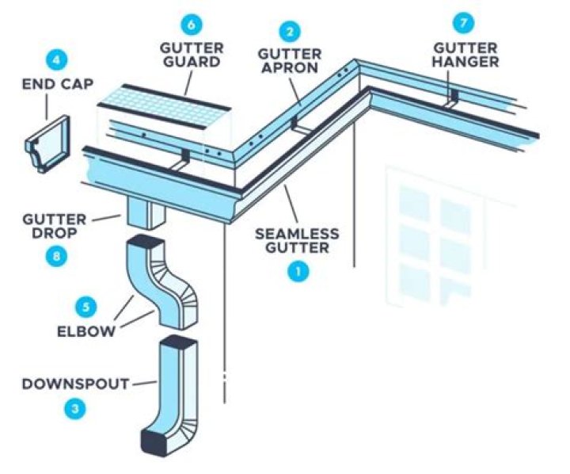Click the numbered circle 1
pyautogui.click(x=298, y=272)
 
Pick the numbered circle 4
pyautogui.click(x=55, y=59)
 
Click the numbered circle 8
pyautogui.click(x=54, y=255)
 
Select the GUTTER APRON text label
pyautogui.click(x=291, y=62)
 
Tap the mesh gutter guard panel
pyautogui.click(x=165, y=99)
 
